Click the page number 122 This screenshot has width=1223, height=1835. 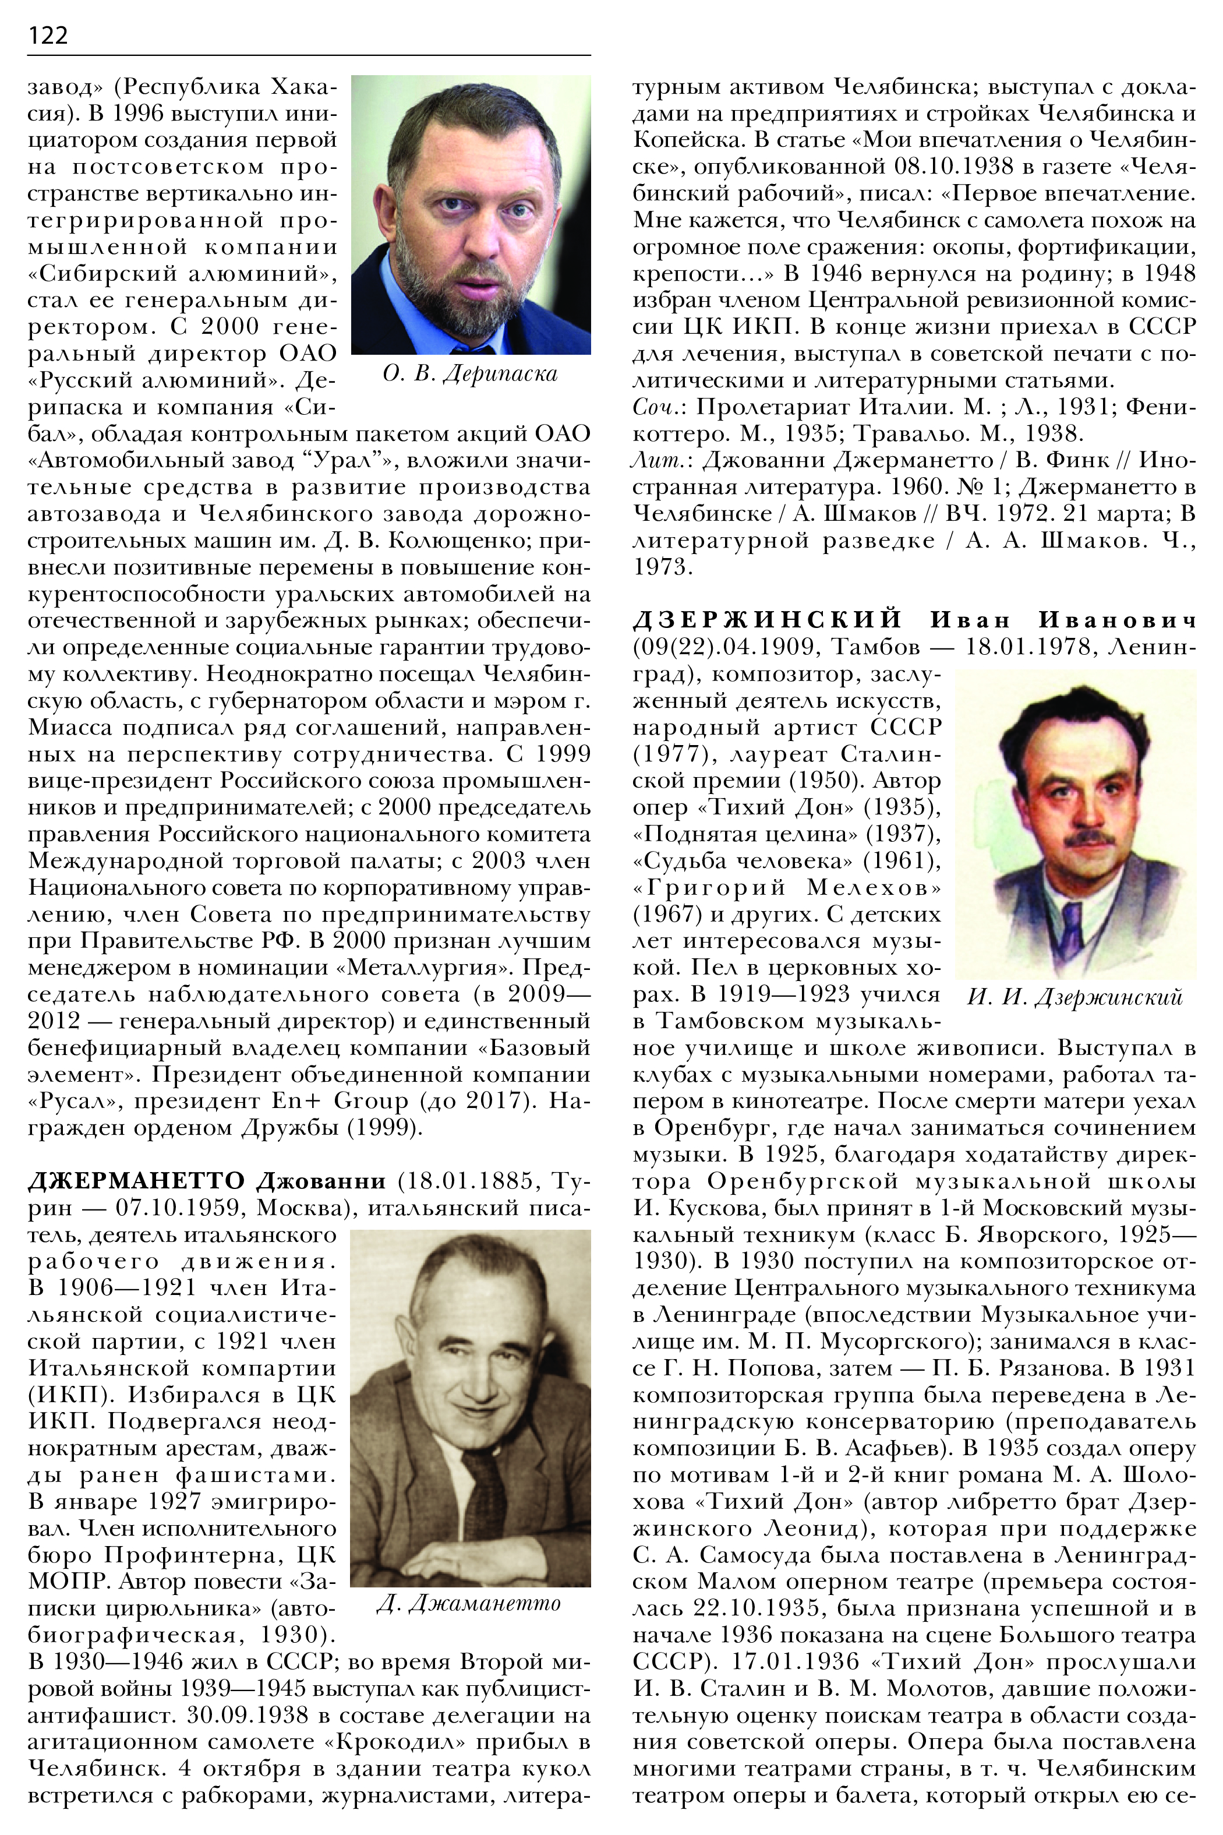click(x=48, y=35)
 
